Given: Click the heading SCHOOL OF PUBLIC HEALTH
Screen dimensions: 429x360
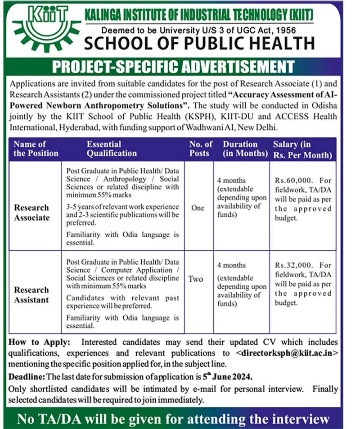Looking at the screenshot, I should click(x=199, y=44).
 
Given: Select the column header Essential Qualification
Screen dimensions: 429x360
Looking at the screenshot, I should click(x=111, y=149).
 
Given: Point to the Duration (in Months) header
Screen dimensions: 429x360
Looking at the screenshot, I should click(x=245, y=149).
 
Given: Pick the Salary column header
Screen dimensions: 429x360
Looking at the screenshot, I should click(x=302, y=149).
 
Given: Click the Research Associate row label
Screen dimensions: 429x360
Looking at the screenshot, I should click(x=31, y=212).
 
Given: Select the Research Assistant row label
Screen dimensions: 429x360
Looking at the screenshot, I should click(x=31, y=294).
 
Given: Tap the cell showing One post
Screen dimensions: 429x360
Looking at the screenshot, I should click(x=198, y=208).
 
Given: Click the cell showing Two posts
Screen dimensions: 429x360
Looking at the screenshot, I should click(x=196, y=279).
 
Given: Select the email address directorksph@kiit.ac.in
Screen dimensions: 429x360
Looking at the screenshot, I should click(x=287, y=353).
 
